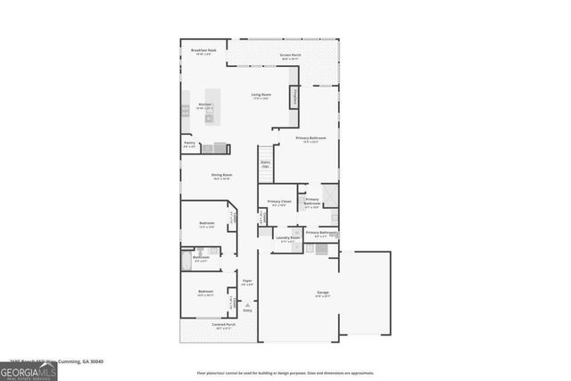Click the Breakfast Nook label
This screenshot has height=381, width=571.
point(204,52)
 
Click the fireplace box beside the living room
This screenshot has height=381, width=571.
point(292,98)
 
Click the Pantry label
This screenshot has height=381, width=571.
point(190,143)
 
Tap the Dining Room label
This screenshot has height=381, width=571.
point(222,175)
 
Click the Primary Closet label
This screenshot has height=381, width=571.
point(280,202)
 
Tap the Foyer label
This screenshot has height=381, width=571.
point(247,282)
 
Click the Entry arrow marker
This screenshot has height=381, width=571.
point(247,309)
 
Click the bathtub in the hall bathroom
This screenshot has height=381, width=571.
point(186,260)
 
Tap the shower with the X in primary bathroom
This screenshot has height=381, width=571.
point(330,195)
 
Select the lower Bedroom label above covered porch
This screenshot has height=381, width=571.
point(205,293)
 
